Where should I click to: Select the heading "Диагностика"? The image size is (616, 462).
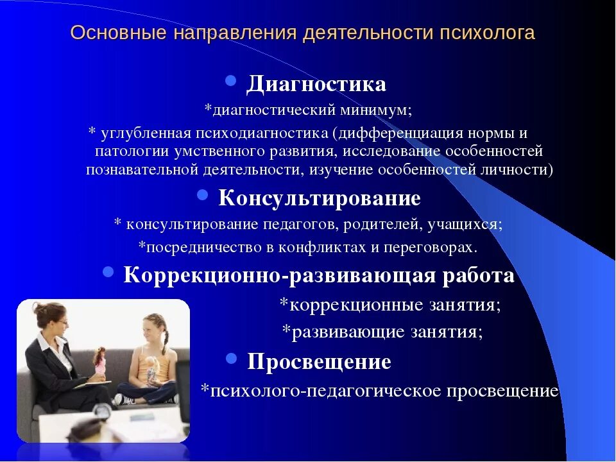(316, 84)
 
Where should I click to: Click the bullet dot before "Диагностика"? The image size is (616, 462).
(232, 81)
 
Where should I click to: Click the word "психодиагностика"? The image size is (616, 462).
(264, 133)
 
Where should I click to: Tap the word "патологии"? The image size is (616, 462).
(129, 151)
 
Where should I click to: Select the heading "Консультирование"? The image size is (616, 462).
(320, 198)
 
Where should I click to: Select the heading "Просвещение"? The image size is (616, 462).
(319, 362)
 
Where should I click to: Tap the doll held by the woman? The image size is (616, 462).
(101, 363)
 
